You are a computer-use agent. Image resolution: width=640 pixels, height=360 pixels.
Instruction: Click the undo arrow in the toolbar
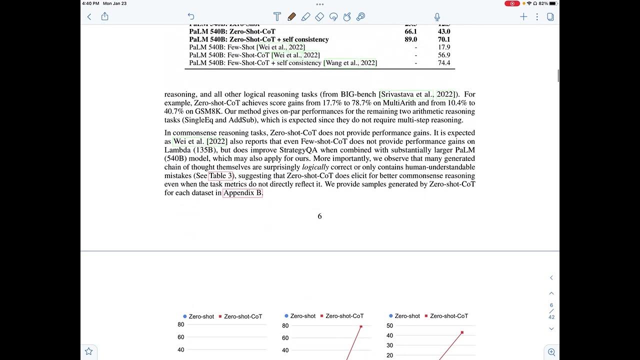[x=190, y=16]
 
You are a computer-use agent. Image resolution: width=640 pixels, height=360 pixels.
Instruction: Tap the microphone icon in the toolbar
[x=437, y=16]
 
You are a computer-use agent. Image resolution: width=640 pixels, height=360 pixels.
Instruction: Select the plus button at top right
[x=523, y=16]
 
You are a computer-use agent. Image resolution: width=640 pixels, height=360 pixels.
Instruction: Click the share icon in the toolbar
[x=104, y=16]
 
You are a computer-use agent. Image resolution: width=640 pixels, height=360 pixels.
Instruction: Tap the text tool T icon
[x=277, y=16]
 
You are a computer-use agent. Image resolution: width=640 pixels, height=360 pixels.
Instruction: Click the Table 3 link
[x=220, y=176]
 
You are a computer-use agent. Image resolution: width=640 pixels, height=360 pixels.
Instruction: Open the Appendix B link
[x=242, y=193]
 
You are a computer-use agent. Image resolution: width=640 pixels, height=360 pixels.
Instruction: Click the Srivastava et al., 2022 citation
[x=417, y=94]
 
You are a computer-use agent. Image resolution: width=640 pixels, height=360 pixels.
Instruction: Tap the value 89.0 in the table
[x=410, y=39]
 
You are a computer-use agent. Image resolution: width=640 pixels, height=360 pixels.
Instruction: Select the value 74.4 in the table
[x=443, y=63]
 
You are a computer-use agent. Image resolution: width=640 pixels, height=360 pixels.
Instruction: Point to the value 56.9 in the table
[x=443, y=55]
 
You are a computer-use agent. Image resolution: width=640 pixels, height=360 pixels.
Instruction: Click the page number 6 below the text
[x=319, y=216]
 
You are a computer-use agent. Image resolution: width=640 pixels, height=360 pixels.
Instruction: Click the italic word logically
[x=315, y=167]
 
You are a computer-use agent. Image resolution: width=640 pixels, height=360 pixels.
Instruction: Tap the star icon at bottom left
[x=88, y=351]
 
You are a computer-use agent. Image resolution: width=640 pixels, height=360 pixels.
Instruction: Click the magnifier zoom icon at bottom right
[x=551, y=352]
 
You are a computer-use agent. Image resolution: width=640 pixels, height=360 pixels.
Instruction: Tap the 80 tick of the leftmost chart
[x=181, y=324]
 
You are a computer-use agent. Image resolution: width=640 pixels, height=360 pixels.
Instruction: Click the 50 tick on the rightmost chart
[x=390, y=325]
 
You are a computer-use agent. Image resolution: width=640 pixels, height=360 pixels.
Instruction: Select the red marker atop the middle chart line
[x=361, y=326]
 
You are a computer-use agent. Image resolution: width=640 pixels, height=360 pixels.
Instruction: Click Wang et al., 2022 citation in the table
[x=350, y=63]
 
